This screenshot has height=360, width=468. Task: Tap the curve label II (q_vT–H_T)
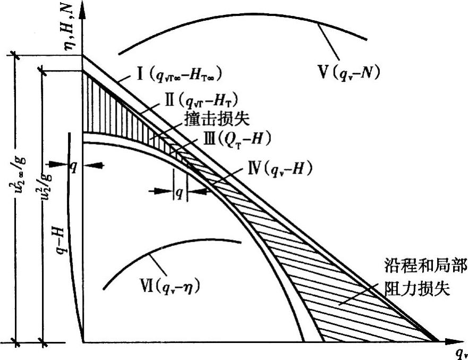(199, 99)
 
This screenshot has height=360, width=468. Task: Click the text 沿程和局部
(425, 265)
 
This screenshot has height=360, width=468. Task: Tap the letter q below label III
(180, 193)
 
